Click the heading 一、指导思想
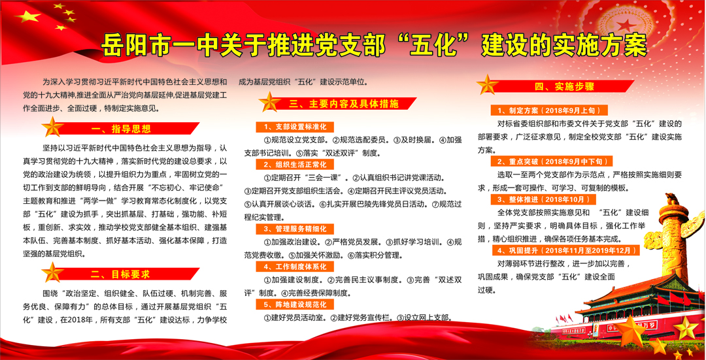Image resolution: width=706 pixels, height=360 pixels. pyautogui.click(x=120, y=129)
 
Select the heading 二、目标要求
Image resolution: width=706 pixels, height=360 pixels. pyautogui.click(x=120, y=274)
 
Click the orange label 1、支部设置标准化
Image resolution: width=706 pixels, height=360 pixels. pyautogui.click(x=295, y=127)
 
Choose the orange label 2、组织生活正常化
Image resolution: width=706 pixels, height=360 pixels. pyautogui.click(x=295, y=164)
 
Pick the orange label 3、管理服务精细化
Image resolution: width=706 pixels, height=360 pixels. pyautogui.click(x=295, y=229)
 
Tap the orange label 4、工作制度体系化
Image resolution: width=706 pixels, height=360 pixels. pyautogui.click(x=295, y=267)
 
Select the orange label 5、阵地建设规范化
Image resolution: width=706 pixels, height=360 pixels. pyautogui.click(x=295, y=304)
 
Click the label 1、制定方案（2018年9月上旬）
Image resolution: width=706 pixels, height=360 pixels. pyautogui.click(x=549, y=110)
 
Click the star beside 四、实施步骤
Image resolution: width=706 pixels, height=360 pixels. pyautogui.click(x=488, y=84)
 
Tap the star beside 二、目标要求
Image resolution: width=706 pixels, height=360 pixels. pyautogui.click(x=53, y=272)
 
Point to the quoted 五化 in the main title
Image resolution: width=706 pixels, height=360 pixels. pyautogui.click(x=435, y=45)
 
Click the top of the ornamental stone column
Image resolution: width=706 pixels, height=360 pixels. pyautogui.click(x=671, y=199)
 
